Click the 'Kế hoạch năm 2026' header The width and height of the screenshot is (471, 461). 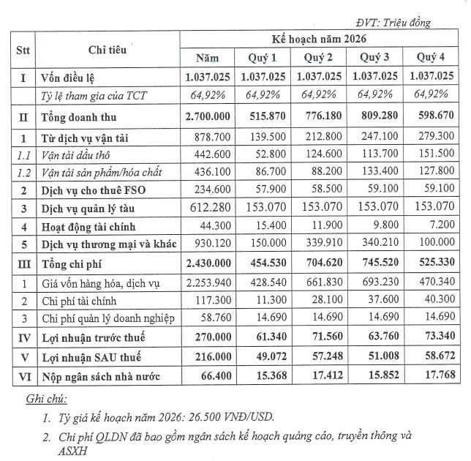tap(321, 39)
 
